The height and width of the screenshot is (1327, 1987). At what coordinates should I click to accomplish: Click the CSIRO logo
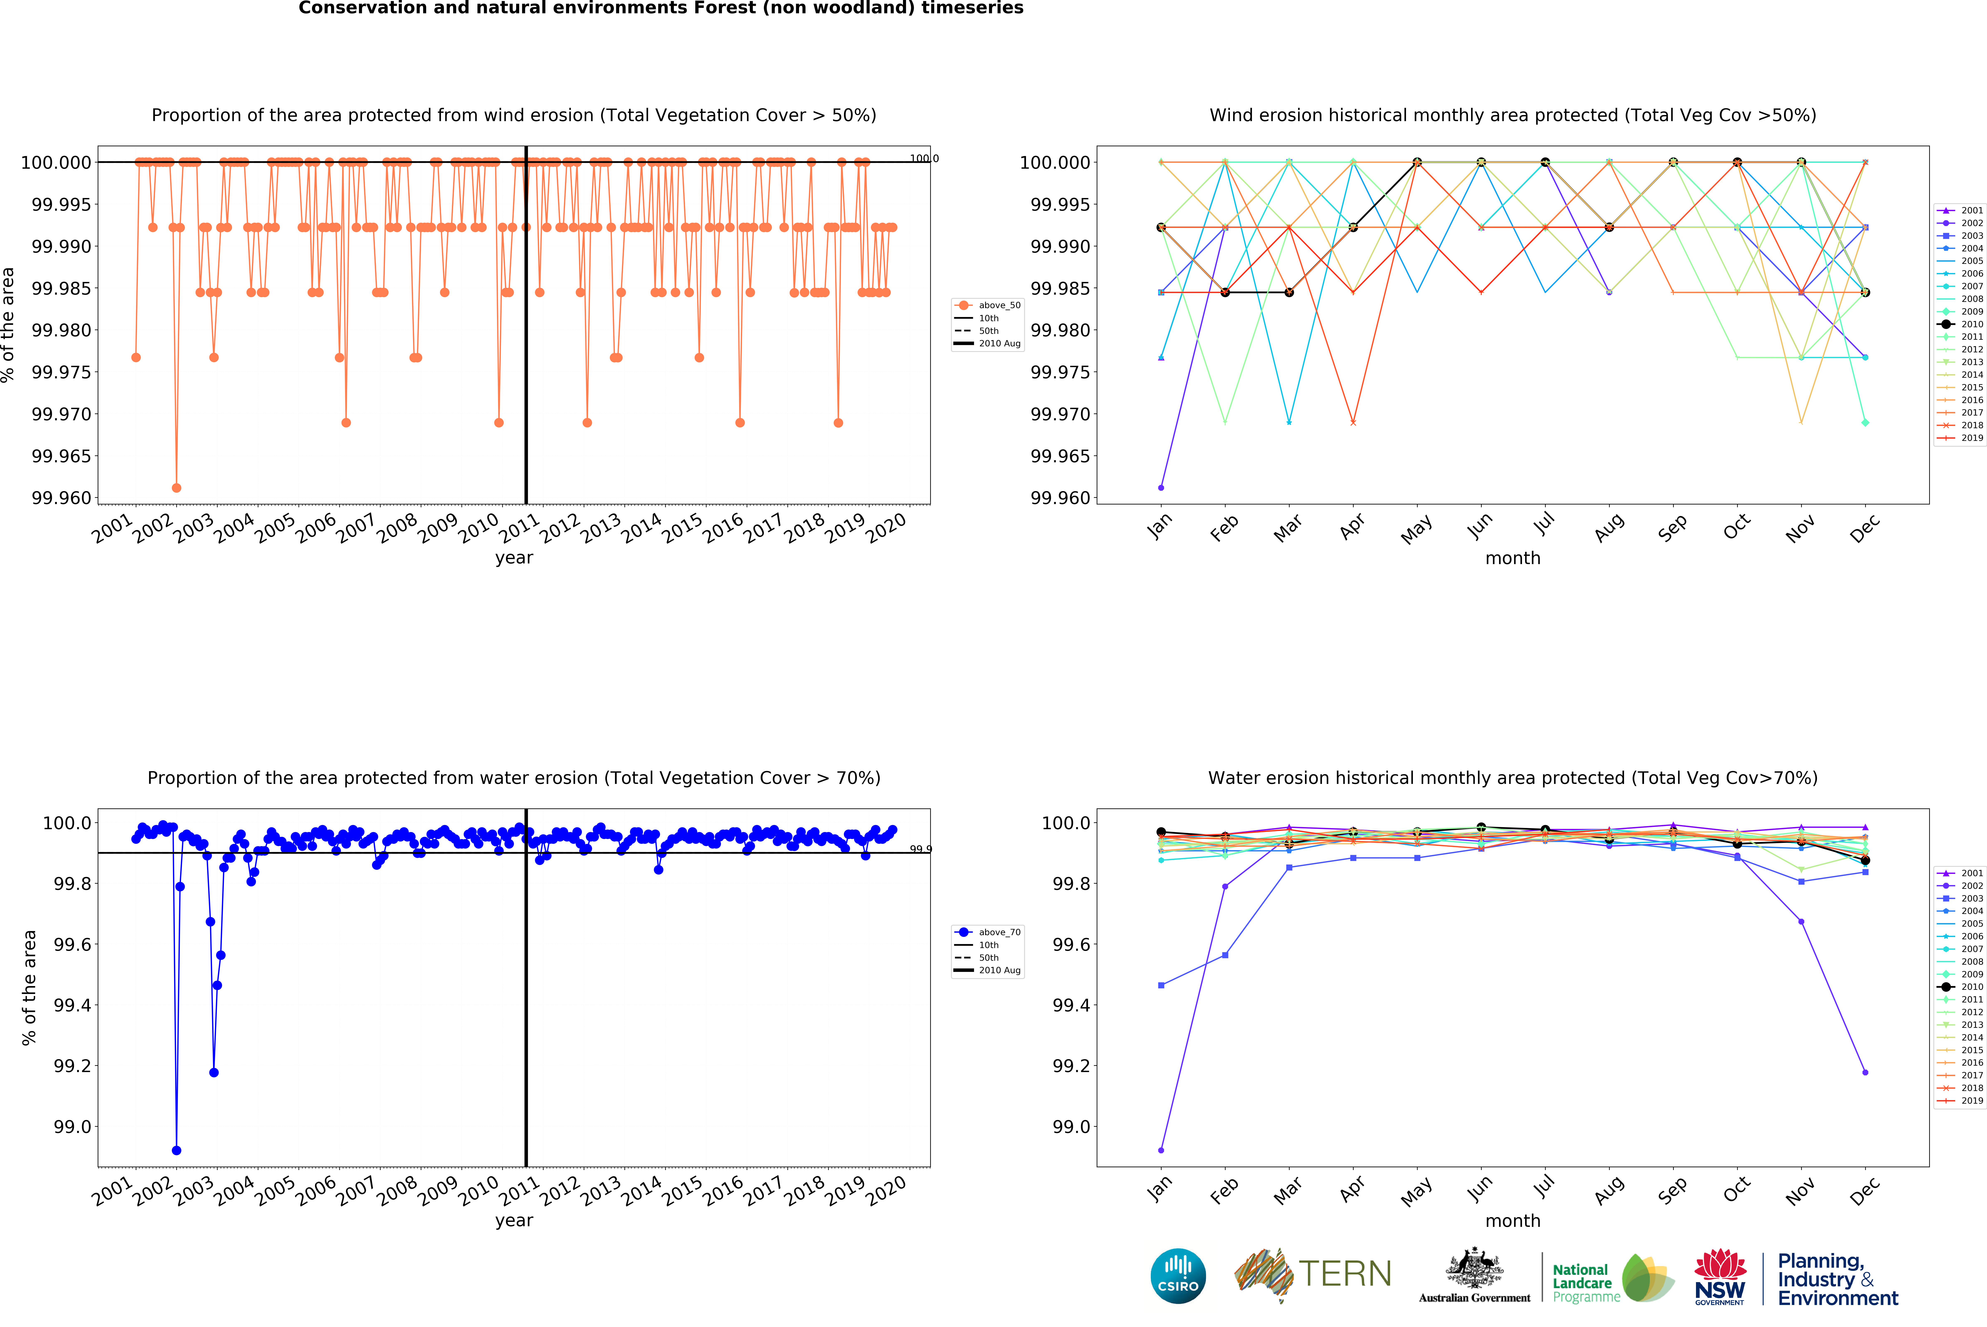[1178, 1275]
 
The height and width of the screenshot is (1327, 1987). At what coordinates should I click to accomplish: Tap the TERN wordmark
[1344, 1274]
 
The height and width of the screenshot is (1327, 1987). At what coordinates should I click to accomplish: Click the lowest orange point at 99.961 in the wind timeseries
[176, 487]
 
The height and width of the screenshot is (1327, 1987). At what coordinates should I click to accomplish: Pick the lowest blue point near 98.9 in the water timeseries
[176, 1150]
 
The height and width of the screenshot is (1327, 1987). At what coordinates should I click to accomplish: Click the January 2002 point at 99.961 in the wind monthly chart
[1161, 487]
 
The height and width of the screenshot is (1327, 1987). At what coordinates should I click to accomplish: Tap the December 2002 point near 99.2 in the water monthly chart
[1865, 1072]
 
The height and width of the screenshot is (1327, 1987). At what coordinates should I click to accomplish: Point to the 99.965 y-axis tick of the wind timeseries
[61, 456]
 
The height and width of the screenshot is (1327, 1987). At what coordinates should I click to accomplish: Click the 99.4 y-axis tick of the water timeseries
[72, 1005]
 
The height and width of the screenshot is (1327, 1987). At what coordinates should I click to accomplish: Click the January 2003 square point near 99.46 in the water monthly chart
[1161, 985]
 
